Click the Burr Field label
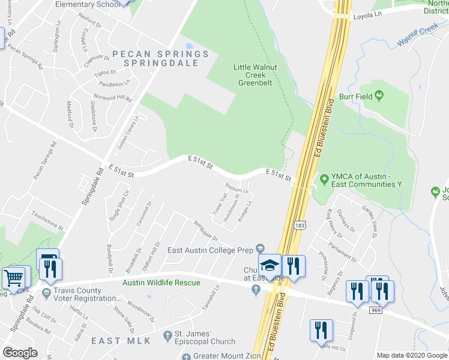352,95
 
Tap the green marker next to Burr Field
379,95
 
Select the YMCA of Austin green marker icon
324,179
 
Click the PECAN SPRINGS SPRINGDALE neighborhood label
160,58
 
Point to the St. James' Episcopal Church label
205,337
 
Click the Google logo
20,353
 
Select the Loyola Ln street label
367,17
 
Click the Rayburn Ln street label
237,188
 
